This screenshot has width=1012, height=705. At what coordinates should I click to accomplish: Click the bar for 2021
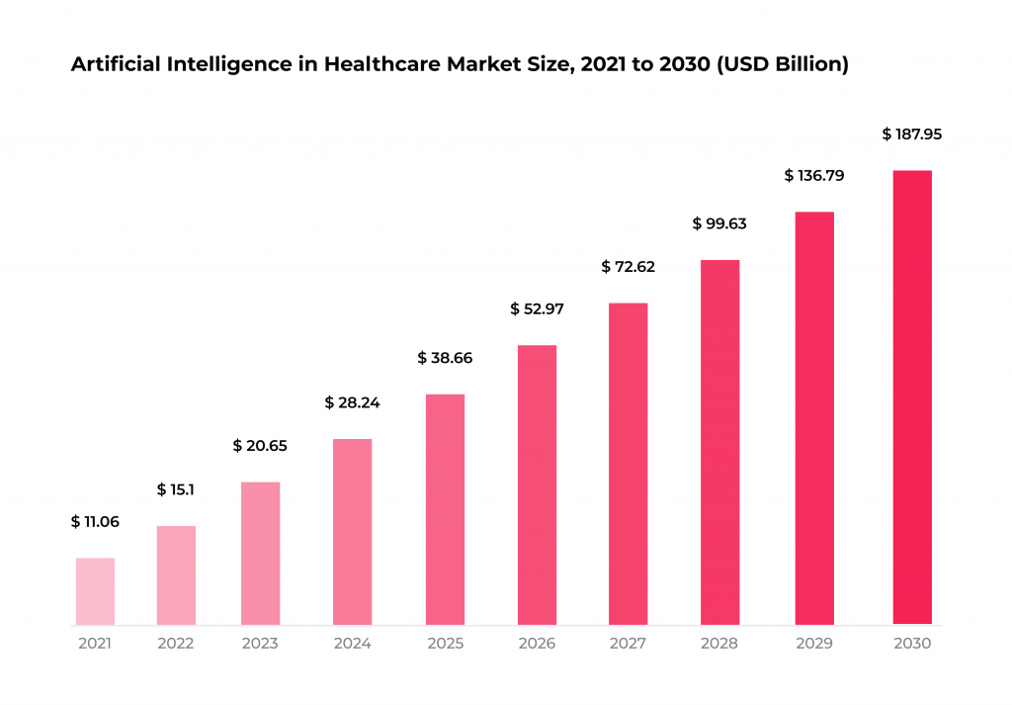(95, 591)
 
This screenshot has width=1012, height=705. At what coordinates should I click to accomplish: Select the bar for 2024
(353, 532)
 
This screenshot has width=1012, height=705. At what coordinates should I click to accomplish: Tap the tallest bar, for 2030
(912, 397)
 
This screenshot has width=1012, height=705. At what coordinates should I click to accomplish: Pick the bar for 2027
(628, 464)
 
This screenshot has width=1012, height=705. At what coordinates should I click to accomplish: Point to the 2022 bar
(176, 575)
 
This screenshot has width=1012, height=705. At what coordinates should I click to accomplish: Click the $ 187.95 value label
(912, 134)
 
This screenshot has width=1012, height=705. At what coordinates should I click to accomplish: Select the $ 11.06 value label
(95, 522)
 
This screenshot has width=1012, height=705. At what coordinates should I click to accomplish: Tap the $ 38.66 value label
(445, 358)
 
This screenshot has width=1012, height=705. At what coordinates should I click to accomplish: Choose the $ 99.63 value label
(719, 223)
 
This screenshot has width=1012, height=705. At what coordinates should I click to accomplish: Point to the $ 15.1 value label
(176, 489)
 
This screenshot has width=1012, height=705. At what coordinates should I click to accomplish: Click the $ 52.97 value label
(537, 308)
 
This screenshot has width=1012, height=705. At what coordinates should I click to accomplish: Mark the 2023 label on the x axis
(260, 644)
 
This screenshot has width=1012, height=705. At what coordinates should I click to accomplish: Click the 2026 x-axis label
(537, 644)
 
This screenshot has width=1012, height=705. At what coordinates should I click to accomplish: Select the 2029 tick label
(814, 644)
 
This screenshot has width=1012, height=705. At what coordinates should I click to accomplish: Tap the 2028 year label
(719, 644)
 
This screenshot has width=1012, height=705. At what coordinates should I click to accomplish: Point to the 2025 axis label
(445, 644)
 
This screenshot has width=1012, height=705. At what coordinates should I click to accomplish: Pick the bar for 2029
(814, 418)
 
